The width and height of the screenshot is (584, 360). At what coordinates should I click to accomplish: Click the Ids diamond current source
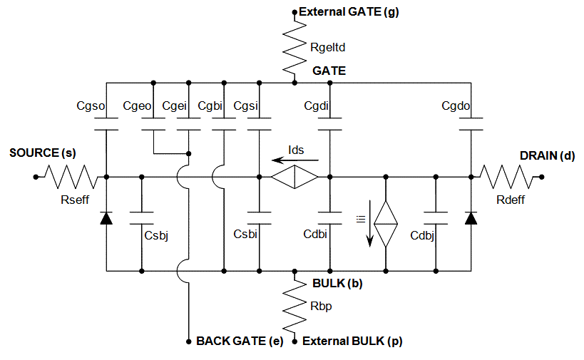[x=294, y=177]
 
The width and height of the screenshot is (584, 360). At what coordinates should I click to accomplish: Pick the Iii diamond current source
[x=386, y=224]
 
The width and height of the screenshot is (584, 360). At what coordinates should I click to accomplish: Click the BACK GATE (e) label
[x=239, y=341]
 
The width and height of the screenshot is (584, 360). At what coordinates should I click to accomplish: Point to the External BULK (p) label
[x=352, y=341]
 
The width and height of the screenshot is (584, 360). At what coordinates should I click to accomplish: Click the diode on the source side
[x=106, y=218]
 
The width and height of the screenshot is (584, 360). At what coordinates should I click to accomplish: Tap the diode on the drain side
[x=471, y=218]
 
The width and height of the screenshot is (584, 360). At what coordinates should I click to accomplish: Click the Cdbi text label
[x=315, y=234]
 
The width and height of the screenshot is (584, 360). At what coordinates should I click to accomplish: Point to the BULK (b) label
[x=337, y=283]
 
